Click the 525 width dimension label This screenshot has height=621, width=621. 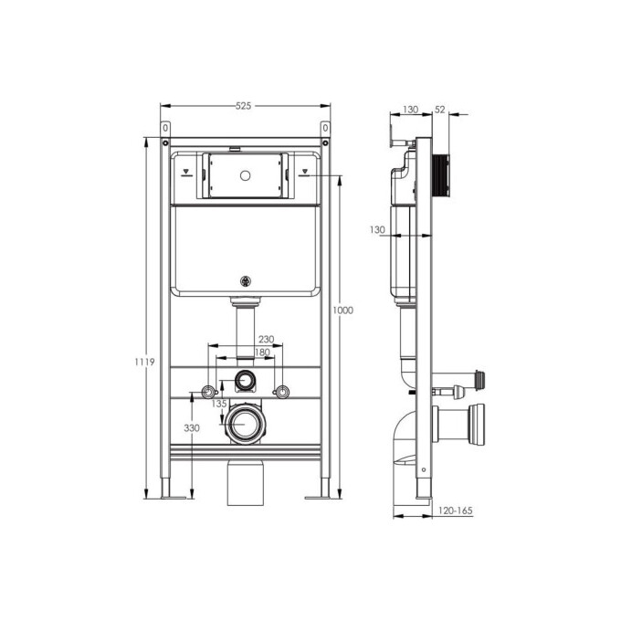click(244, 106)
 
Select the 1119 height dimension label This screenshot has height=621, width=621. click(144, 362)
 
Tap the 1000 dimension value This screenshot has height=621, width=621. click(342, 310)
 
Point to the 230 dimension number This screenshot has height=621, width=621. click(266, 340)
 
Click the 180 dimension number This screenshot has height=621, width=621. click(262, 353)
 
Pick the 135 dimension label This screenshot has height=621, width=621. click(219, 404)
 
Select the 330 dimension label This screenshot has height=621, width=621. click(192, 427)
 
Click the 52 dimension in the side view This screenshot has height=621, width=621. click(440, 110)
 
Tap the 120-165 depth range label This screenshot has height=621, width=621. click(456, 510)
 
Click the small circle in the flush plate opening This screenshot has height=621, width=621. click(245, 175)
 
